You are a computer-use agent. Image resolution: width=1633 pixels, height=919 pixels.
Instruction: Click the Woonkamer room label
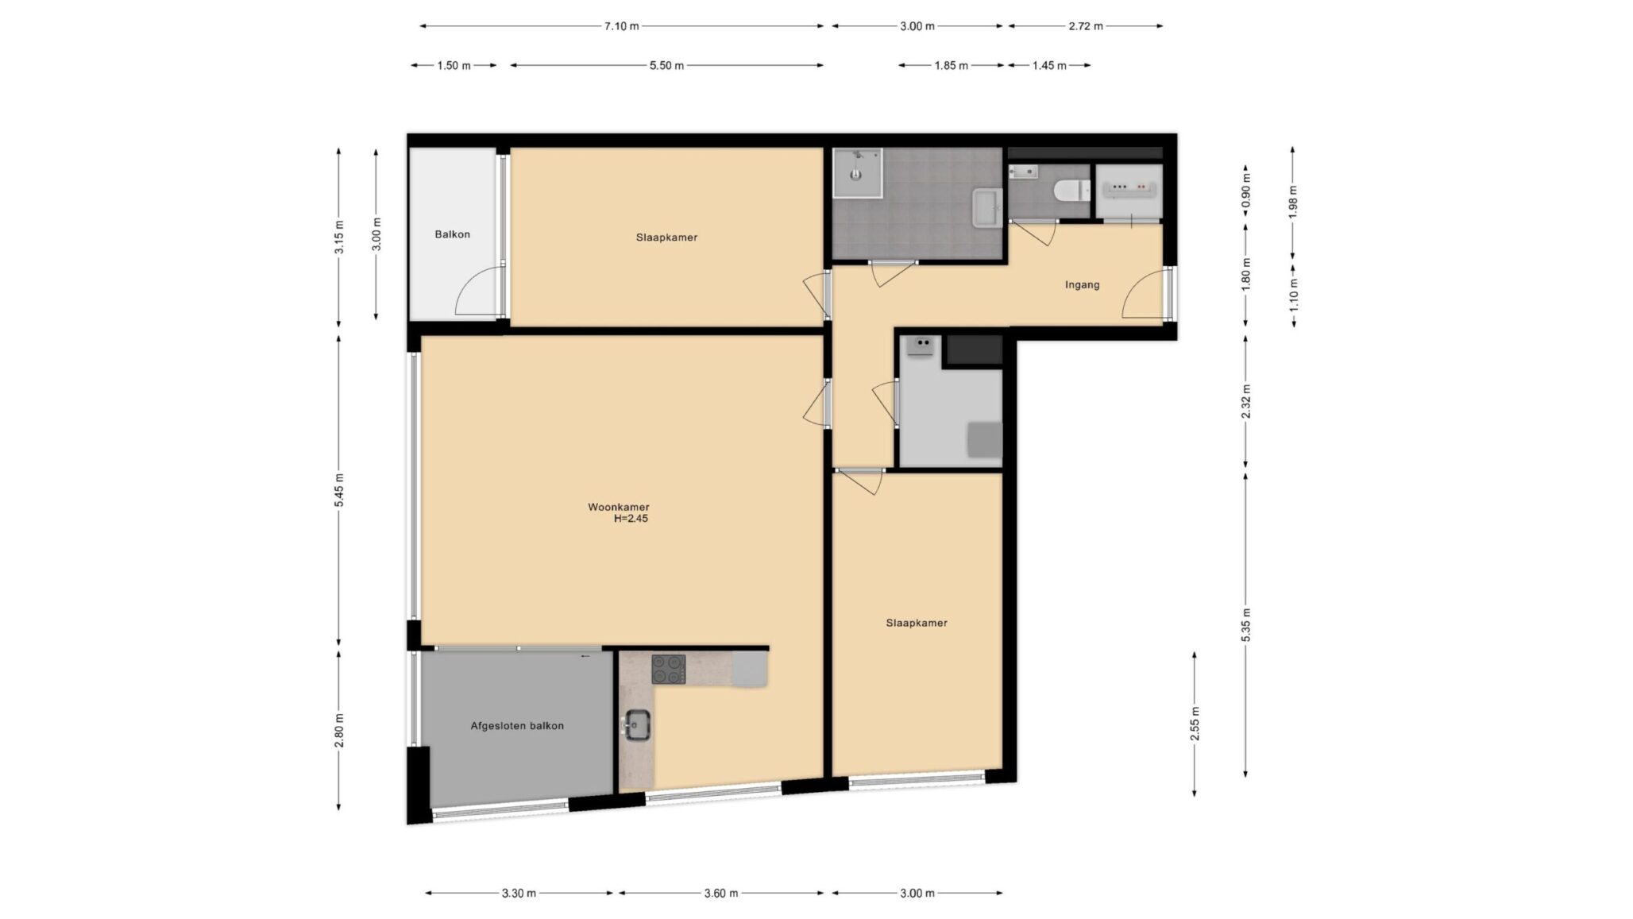click(618, 507)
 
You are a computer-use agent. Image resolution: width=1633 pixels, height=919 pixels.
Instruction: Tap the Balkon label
click(452, 234)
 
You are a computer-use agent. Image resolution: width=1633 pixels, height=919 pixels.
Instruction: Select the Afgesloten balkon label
click(517, 725)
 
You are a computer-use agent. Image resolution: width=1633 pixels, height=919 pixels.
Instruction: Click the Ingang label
click(1082, 284)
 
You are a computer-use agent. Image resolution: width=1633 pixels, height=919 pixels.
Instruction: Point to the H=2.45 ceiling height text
click(631, 519)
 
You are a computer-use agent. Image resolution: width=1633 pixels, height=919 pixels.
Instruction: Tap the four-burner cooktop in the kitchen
click(668, 669)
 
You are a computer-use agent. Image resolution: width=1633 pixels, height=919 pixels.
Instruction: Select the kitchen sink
click(636, 724)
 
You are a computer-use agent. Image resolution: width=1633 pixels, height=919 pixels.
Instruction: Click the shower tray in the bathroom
click(857, 172)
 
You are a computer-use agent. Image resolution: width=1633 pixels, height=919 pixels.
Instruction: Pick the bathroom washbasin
click(987, 208)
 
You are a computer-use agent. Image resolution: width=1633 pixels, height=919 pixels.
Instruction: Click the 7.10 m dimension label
click(621, 26)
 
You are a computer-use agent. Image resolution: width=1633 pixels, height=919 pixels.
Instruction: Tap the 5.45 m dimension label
click(339, 490)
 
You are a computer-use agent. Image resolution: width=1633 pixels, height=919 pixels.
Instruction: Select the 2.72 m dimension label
click(1085, 26)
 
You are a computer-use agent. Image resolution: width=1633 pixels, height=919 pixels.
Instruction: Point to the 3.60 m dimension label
click(720, 893)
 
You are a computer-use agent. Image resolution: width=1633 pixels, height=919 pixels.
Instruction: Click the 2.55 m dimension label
click(1195, 724)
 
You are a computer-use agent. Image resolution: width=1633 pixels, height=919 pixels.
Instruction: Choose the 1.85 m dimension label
click(951, 65)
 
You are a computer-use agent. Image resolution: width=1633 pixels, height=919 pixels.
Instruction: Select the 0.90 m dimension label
click(1245, 190)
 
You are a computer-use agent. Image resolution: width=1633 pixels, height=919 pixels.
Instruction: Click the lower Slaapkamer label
click(916, 623)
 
